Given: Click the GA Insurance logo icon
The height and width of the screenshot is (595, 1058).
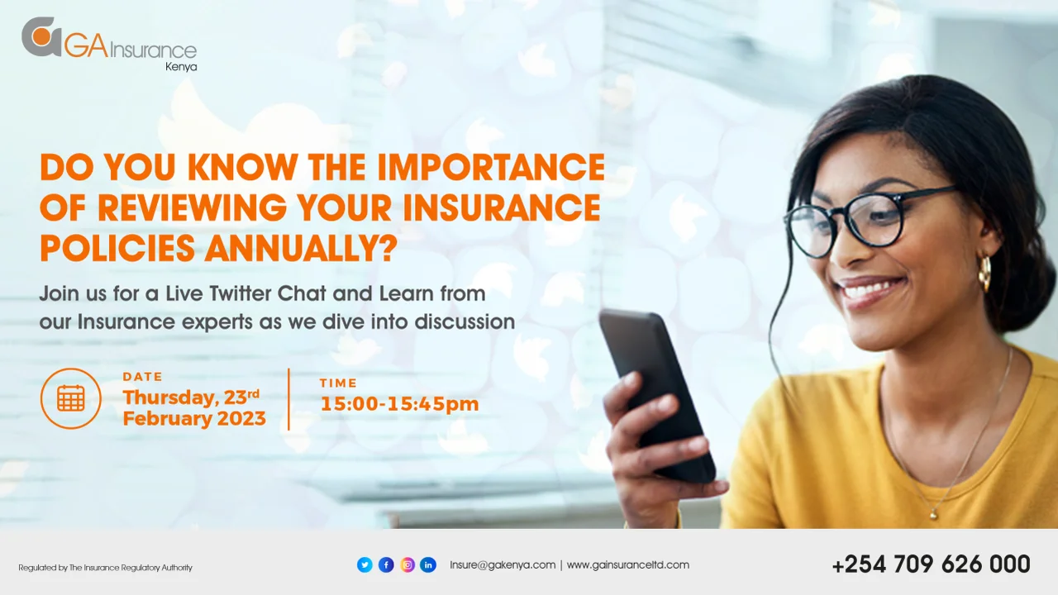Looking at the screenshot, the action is pyautogui.click(x=41, y=37).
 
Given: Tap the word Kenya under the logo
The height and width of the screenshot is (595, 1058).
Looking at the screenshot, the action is pyautogui.click(x=181, y=67).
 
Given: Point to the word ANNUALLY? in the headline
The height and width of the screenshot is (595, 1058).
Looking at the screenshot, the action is pyautogui.click(x=301, y=248).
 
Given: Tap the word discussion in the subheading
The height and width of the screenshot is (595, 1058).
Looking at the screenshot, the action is pyautogui.click(x=465, y=321).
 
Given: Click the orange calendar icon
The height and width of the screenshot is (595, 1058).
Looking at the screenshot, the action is pyautogui.click(x=71, y=398).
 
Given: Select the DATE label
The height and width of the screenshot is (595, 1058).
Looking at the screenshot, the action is pyautogui.click(x=143, y=376).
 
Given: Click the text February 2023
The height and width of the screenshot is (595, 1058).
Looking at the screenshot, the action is pyautogui.click(x=194, y=418).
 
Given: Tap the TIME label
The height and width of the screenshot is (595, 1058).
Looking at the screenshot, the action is pyautogui.click(x=338, y=383).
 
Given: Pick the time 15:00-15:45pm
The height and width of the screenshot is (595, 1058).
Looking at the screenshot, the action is pyautogui.click(x=399, y=404).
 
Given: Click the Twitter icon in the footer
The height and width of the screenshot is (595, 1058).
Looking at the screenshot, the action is pyautogui.click(x=365, y=564).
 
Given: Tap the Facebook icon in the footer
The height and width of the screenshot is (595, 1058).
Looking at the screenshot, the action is pyautogui.click(x=386, y=564).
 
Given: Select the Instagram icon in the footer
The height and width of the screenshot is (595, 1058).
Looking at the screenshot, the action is pyautogui.click(x=407, y=564).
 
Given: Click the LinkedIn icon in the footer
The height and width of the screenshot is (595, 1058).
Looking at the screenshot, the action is pyautogui.click(x=428, y=564).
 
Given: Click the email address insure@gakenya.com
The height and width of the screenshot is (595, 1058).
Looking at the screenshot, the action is pyautogui.click(x=503, y=564).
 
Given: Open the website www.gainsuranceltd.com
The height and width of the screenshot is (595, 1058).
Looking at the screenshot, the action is pyautogui.click(x=627, y=564).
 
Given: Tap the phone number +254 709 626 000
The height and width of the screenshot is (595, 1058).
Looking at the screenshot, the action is pyautogui.click(x=931, y=564).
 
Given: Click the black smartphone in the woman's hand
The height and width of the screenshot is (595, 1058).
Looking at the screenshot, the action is pyautogui.click(x=657, y=394).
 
